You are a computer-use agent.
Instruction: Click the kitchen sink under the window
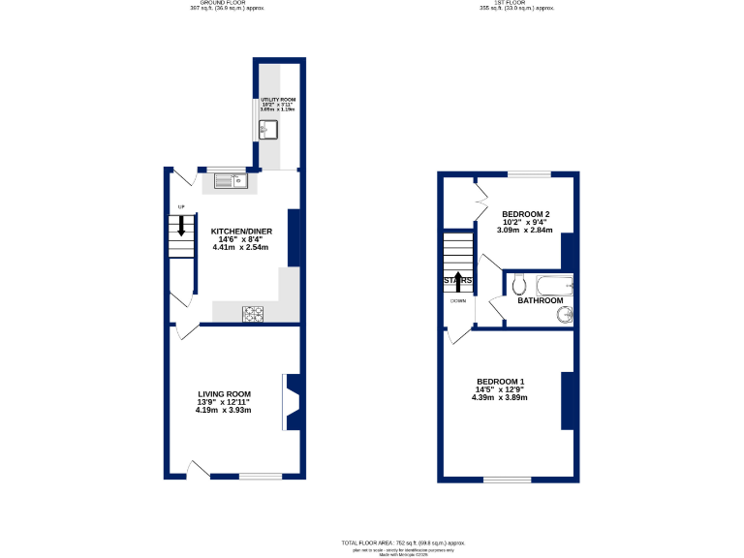coord(232,179)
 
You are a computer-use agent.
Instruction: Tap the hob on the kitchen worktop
coord(253,312)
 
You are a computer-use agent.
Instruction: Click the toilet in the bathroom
coord(519,285)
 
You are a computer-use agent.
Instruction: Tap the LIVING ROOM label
coord(224,393)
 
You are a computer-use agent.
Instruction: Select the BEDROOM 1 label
coord(501,381)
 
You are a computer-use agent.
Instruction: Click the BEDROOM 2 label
coord(525,213)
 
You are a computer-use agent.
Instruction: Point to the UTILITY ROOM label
coord(277,100)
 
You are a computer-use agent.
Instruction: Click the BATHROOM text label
coord(540,300)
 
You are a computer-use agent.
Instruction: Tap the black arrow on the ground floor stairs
coord(181,229)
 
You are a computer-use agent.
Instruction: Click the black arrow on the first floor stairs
coord(458,281)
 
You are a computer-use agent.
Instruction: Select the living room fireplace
coord(292,402)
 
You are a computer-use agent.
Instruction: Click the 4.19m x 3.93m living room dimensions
coord(223,410)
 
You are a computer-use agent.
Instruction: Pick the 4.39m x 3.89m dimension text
coord(500,397)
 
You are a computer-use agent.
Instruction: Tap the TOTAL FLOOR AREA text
coord(403,542)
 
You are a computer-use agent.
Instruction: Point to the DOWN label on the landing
coord(457,300)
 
